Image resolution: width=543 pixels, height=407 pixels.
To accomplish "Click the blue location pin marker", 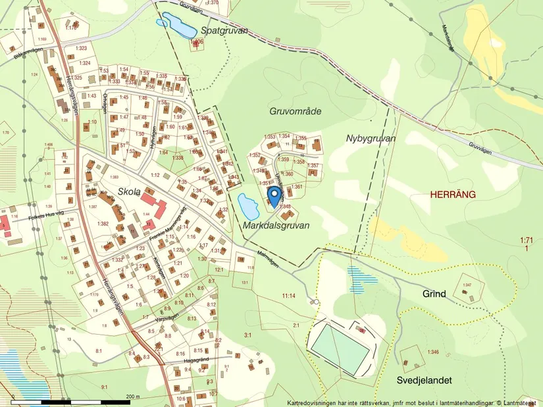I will [273, 195].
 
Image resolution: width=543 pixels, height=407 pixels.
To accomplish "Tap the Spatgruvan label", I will [224, 30].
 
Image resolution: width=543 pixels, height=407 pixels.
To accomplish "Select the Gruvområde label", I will [295, 111].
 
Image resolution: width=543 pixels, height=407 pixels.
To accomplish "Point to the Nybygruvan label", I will [370, 138].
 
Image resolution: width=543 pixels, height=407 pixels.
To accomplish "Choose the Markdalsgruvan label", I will [276, 225].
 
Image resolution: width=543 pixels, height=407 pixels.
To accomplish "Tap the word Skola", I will [129, 191].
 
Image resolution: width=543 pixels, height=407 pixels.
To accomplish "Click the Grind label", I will [434, 294].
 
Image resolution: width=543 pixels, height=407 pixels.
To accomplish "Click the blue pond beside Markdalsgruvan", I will [247, 208].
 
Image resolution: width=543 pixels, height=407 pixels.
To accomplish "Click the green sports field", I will [340, 347].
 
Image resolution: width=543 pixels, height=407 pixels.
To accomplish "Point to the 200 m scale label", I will [134, 396].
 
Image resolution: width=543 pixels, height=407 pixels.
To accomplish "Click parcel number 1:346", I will [432, 352].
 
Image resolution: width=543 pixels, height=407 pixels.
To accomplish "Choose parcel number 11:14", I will [290, 297].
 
